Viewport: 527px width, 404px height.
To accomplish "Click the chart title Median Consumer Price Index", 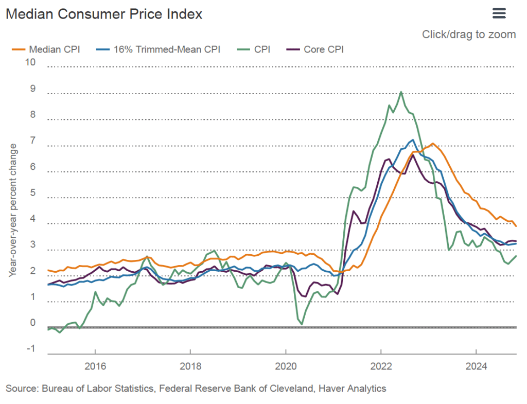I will click(104, 14).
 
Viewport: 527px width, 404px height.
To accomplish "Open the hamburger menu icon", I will click(499, 13).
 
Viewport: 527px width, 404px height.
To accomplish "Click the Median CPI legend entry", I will click(46, 49).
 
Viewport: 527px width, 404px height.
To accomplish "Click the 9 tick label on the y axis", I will click(33, 89).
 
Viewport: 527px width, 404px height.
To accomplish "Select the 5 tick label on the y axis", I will click(33, 193).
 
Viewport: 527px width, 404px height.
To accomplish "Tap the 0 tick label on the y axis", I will click(33, 323).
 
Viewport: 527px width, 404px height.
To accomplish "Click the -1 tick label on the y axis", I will click(31, 349).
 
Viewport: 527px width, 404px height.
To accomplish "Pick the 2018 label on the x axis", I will click(190, 366).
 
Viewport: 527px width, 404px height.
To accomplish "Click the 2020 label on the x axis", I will click(286, 366).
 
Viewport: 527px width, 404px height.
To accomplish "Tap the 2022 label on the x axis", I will click(381, 366).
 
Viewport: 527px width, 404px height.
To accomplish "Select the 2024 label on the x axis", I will click(476, 366).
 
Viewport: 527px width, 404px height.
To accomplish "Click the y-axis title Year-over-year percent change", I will click(13, 210).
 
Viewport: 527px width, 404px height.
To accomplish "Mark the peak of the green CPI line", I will click(401, 92).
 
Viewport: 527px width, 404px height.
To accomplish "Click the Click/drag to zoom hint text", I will click(469, 34).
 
